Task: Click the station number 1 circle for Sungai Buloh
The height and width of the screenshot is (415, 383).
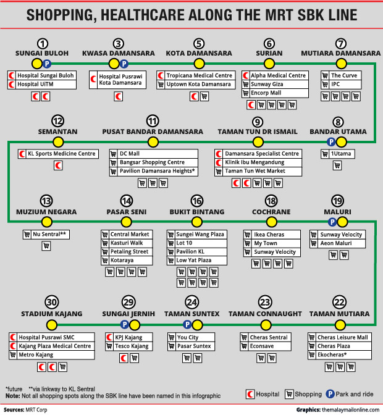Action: click(42, 43)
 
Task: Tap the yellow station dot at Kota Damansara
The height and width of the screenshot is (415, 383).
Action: click(198, 64)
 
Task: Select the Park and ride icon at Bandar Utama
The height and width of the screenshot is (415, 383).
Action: click(332, 142)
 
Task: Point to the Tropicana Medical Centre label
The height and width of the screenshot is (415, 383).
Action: click(199, 75)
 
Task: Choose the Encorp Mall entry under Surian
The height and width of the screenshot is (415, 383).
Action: click(266, 93)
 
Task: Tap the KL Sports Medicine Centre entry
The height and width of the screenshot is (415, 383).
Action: click(61, 154)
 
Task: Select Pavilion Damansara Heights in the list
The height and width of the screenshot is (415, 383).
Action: click(158, 171)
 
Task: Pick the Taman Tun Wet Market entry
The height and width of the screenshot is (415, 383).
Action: click(255, 171)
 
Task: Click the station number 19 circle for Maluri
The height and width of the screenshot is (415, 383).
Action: click(337, 201)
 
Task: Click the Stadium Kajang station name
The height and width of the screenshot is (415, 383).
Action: click(51, 314)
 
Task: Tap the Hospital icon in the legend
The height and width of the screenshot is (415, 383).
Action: click(251, 394)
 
